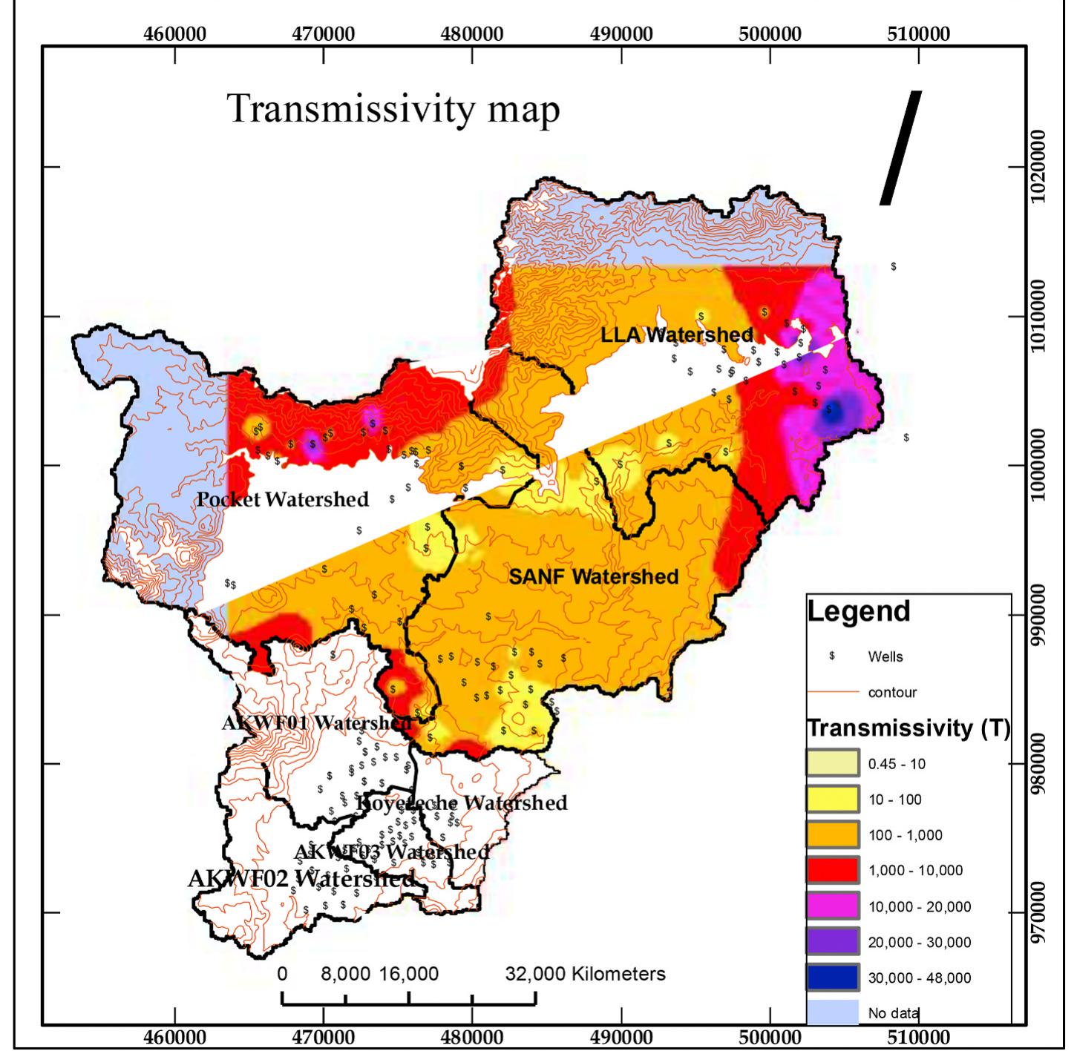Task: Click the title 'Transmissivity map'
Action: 393,109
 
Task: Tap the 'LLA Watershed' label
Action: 676,335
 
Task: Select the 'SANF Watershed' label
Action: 593,576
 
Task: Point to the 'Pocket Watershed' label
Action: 282,499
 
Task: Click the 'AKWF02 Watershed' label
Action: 301,879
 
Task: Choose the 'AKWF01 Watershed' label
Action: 316,722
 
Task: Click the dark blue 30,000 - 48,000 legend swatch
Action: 833,978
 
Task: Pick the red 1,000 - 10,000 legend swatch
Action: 833,870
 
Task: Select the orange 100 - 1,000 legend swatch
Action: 833,835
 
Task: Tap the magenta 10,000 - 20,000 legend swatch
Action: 833,906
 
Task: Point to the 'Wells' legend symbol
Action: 833,656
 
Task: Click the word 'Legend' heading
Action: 859,611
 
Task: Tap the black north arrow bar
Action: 900,148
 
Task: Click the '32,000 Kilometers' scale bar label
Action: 586,974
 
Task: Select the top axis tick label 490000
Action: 621,35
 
